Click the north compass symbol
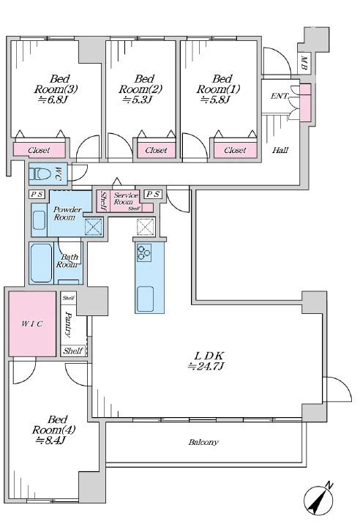point(318,500)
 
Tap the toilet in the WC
point(40,174)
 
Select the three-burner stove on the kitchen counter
point(144,252)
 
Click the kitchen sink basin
point(145,299)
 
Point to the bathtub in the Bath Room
point(41,263)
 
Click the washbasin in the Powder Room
point(39,220)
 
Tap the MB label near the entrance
point(304,64)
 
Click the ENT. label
point(280,96)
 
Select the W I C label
point(32,323)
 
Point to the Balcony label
point(203,442)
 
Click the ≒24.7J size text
point(206,367)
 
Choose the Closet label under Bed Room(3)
point(39,150)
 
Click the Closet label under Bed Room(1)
point(235,150)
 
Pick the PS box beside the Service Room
point(153,194)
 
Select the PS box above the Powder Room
point(37,195)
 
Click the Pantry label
point(69,324)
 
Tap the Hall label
point(280,149)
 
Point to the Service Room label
point(125,198)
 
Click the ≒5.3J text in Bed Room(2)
point(137,100)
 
